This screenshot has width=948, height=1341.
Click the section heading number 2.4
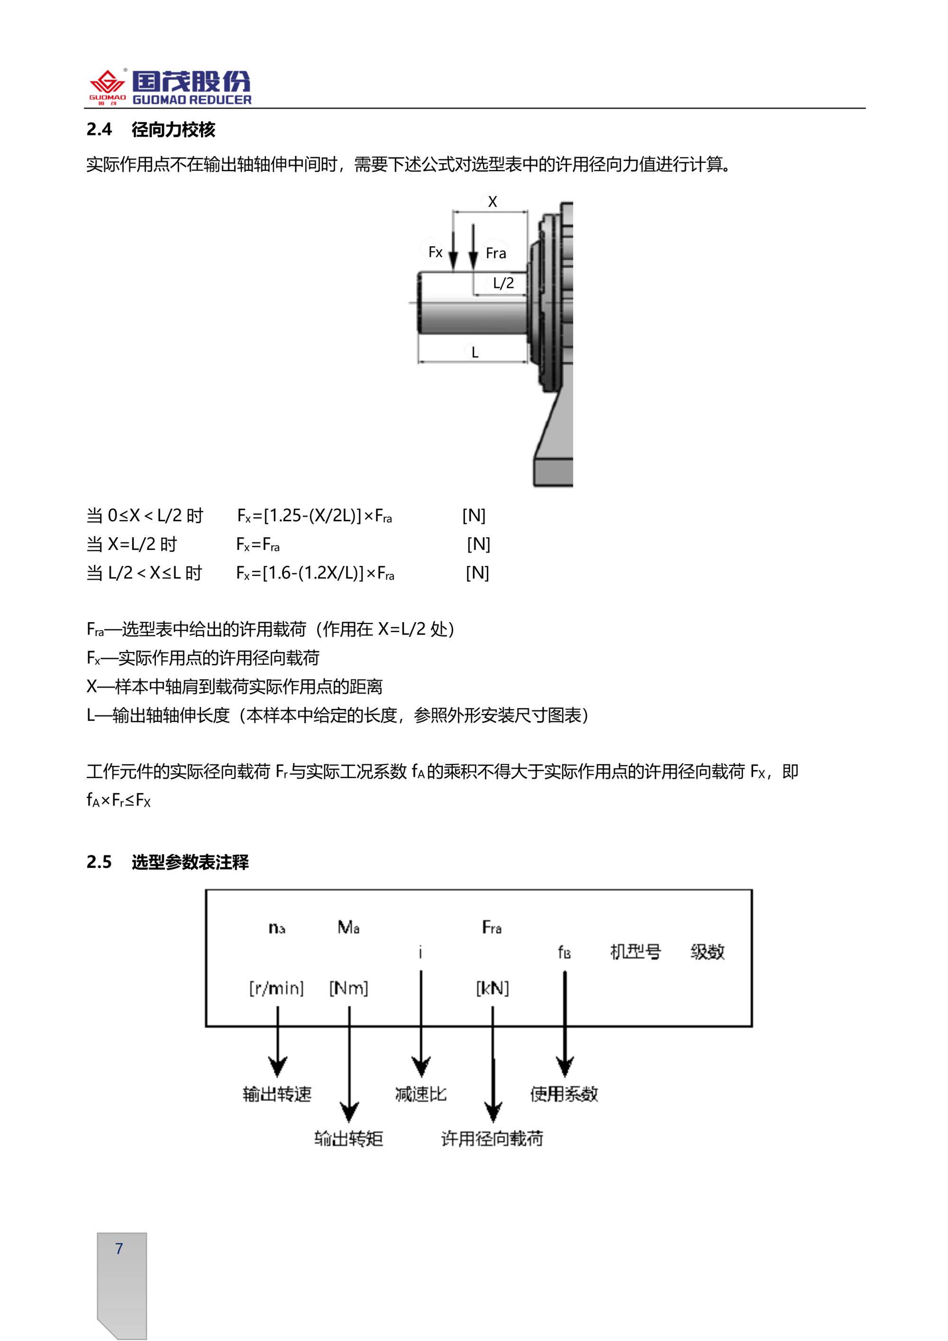point(99,129)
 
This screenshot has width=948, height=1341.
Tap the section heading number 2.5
point(99,862)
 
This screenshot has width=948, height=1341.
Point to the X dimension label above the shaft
point(492,202)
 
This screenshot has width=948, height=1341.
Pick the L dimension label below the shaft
point(474,352)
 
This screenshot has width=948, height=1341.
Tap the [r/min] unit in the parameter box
point(276,989)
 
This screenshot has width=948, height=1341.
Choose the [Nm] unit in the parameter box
point(348,989)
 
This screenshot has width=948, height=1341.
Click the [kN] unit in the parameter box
point(492,989)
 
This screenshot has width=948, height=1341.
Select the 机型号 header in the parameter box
point(635,952)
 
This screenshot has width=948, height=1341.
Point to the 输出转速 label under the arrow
point(277,1094)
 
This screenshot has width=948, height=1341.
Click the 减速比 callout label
point(421,1094)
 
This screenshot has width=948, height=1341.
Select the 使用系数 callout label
point(564,1094)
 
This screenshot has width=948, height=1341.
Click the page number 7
point(119,1249)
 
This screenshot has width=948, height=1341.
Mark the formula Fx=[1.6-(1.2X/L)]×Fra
point(315,573)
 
